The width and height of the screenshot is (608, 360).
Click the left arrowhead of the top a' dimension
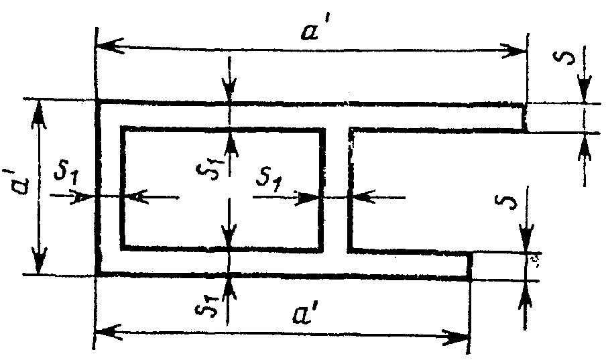105,48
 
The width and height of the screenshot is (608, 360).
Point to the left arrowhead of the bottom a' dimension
105,331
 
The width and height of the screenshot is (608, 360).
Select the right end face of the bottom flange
469,264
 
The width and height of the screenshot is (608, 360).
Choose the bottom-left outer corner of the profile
98,275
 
